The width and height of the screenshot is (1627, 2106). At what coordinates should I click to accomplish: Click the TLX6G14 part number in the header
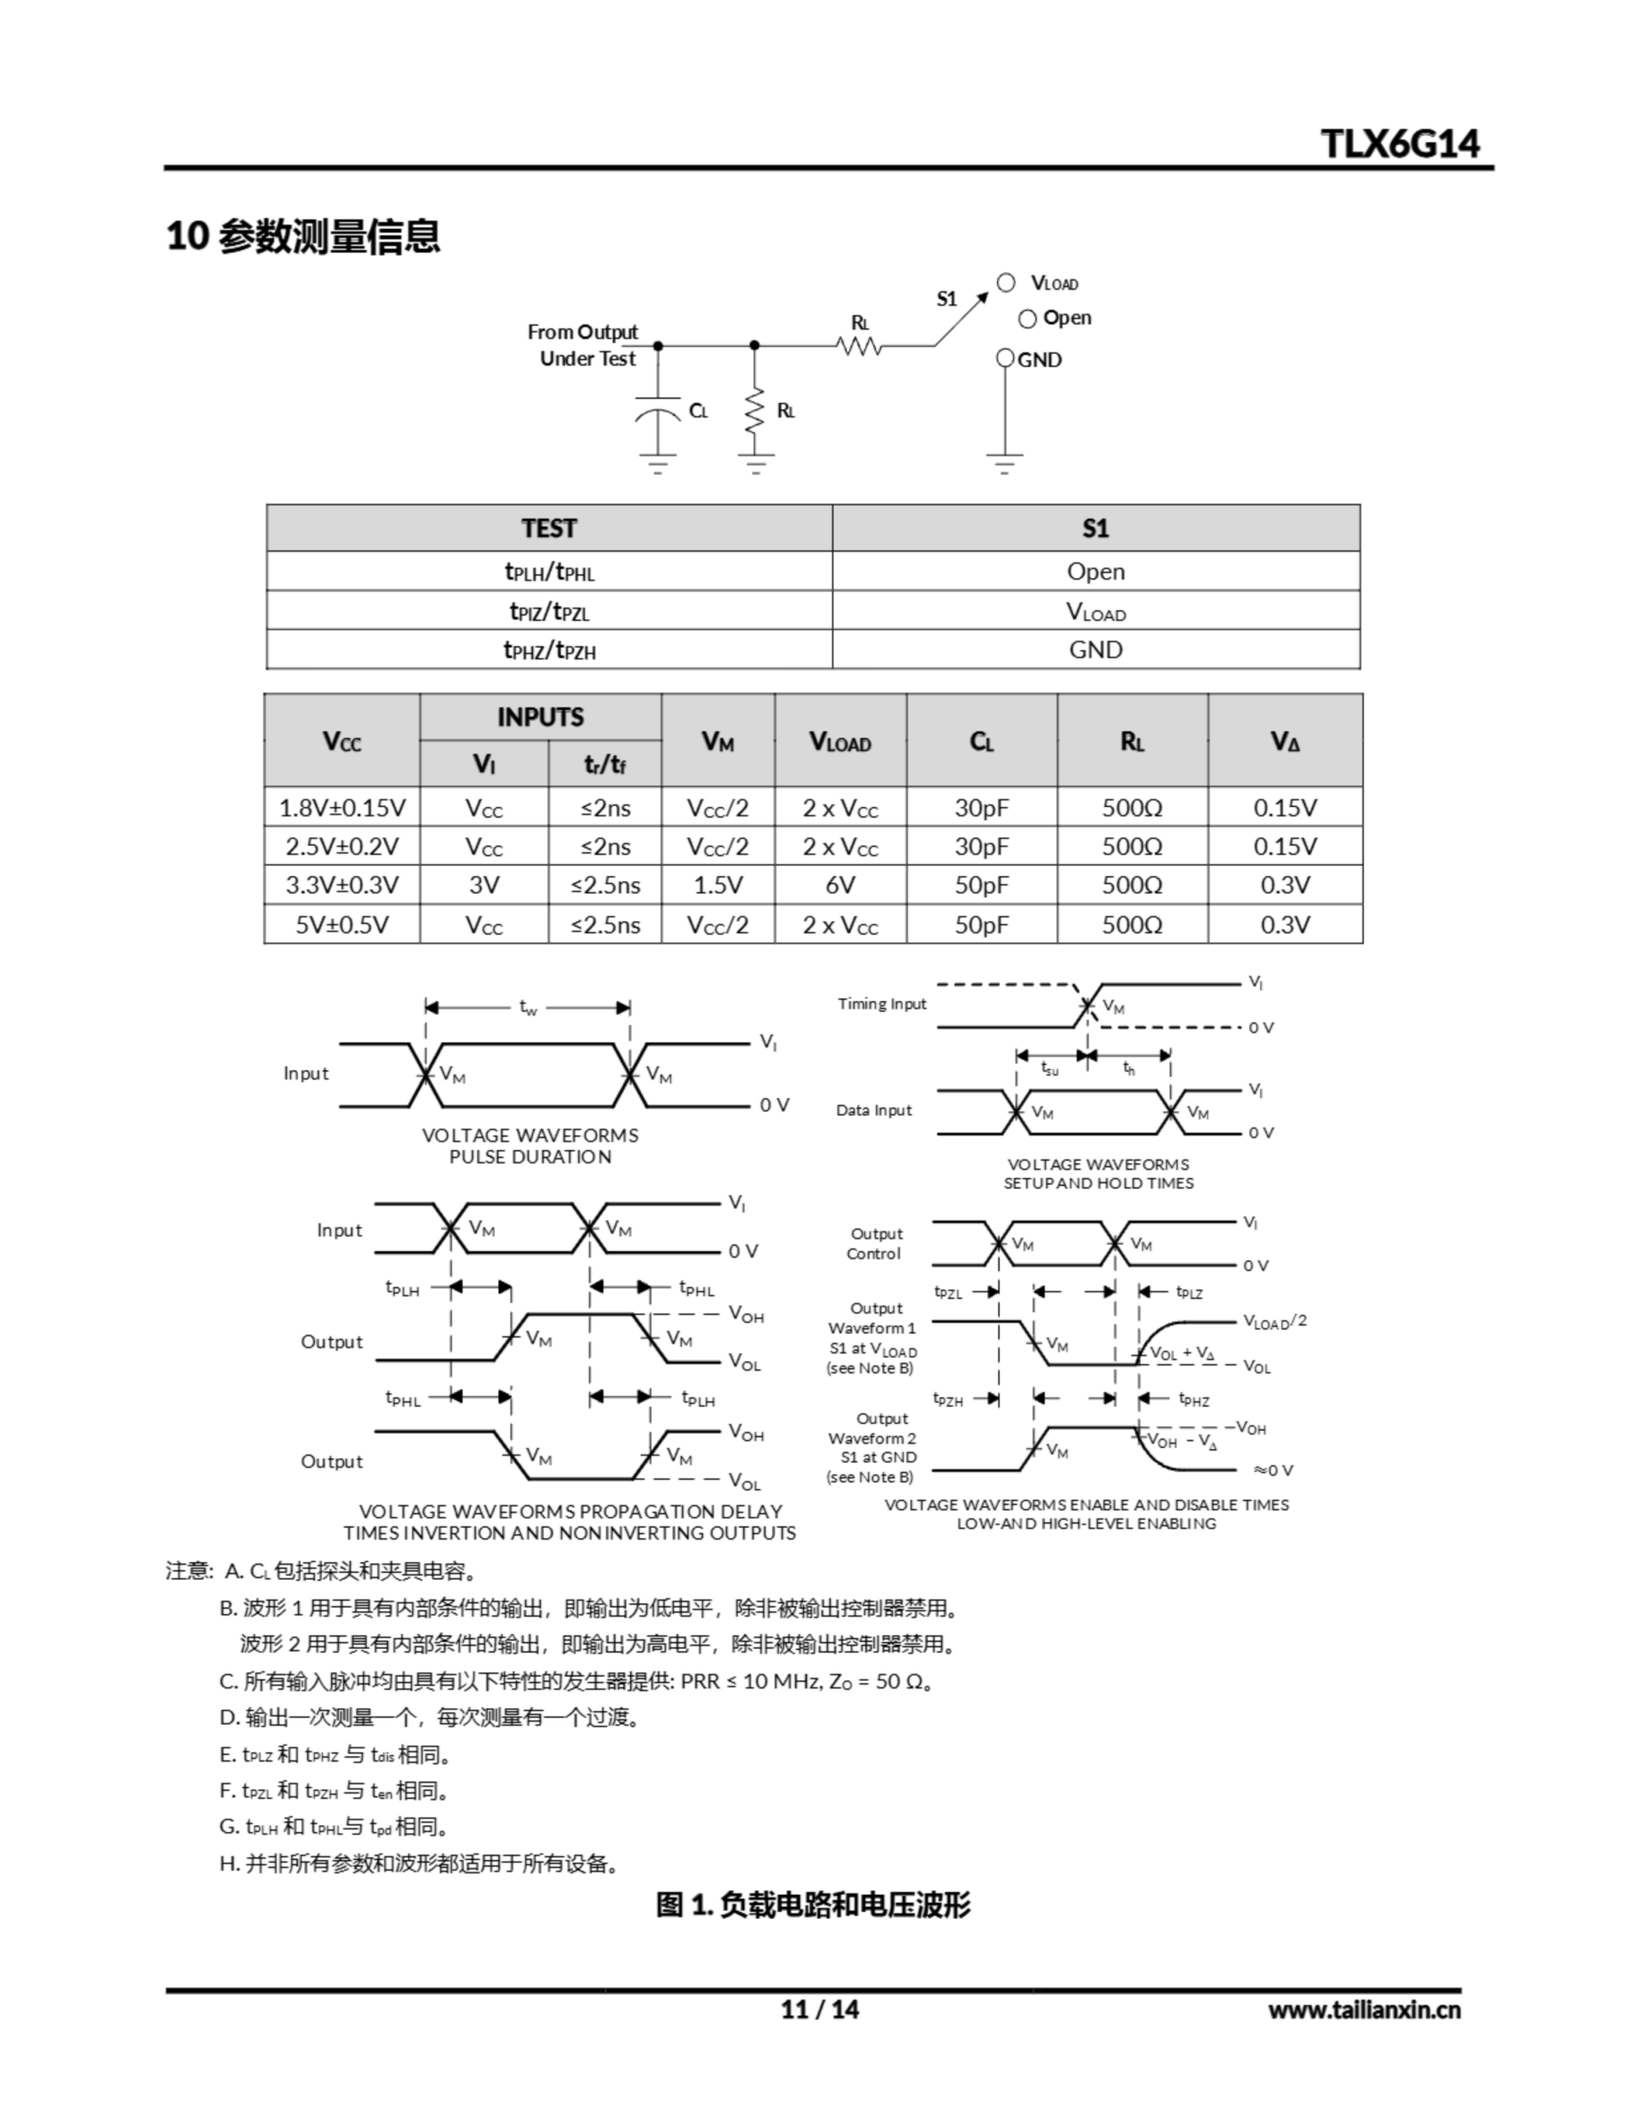point(1399,144)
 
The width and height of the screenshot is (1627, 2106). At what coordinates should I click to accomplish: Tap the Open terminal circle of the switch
point(1027,319)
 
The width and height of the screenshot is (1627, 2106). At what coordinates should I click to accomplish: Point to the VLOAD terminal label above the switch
point(1055,284)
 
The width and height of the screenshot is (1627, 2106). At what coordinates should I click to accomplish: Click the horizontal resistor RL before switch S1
point(859,346)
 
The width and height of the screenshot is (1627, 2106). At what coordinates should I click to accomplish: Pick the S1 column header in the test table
point(1096,528)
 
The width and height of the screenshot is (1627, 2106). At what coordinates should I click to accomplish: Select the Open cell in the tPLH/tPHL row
point(1096,572)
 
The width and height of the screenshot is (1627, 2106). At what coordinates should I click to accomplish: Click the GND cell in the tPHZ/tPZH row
point(1096,650)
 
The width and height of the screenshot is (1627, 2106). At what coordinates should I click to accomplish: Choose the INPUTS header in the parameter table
point(540,717)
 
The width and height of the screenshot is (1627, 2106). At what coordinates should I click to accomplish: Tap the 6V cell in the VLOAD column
point(840,885)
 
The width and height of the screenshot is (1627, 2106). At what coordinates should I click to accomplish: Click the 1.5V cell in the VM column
point(717,885)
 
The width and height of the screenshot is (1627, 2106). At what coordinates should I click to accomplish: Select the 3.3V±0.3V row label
point(342,885)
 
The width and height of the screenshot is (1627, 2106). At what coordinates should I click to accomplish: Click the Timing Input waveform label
point(882,1004)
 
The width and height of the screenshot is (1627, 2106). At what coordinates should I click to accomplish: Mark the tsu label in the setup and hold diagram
point(1050,1069)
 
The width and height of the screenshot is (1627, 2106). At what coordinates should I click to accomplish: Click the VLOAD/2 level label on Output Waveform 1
point(1274,1322)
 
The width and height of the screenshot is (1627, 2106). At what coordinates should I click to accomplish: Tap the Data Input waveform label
point(874,1110)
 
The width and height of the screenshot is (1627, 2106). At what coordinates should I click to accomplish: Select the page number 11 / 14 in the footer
point(818,2009)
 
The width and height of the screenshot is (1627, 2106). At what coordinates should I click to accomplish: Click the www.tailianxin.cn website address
point(1364,2010)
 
